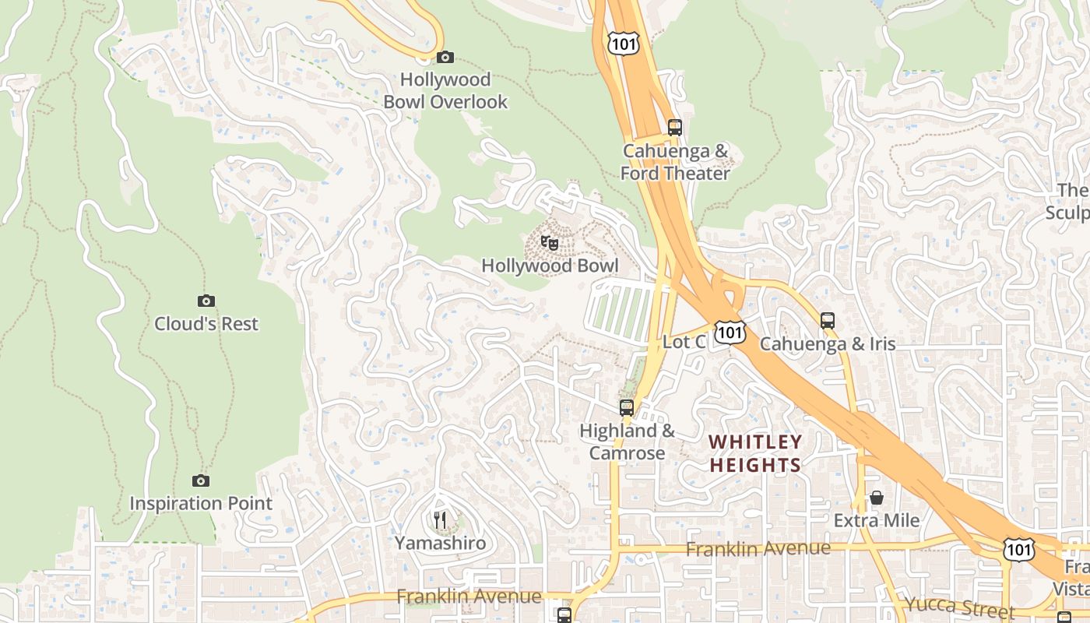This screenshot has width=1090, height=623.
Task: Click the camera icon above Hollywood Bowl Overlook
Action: click(x=445, y=57)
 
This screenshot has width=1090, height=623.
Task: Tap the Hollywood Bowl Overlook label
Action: click(x=445, y=90)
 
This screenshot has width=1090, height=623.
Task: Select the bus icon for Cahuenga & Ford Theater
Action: click(x=675, y=128)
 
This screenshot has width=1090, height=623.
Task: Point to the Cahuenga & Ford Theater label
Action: click(x=675, y=162)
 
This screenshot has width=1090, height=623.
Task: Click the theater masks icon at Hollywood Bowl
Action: click(x=550, y=243)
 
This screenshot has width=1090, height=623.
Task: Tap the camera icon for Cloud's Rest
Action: click(x=206, y=301)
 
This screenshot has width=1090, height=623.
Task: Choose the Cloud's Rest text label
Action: click(x=206, y=324)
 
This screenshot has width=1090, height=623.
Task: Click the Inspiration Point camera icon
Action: click(x=201, y=480)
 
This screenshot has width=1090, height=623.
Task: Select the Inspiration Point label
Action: click(x=201, y=504)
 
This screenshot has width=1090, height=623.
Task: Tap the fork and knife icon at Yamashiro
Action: click(x=441, y=519)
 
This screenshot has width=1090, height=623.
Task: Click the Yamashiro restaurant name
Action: click(x=441, y=544)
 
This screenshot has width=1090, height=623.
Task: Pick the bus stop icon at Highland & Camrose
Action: click(x=627, y=407)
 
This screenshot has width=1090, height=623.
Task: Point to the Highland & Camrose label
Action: click(x=627, y=442)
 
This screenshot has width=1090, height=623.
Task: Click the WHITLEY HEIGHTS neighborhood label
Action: click(x=754, y=454)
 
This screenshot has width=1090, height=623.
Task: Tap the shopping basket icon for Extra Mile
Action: click(x=877, y=497)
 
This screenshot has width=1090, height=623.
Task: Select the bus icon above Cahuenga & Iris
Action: click(x=828, y=320)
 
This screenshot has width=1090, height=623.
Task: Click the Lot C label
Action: click(x=684, y=342)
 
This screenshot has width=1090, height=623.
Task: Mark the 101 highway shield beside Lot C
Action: click(x=730, y=333)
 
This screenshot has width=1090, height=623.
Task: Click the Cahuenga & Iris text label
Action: click(x=828, y=343)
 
